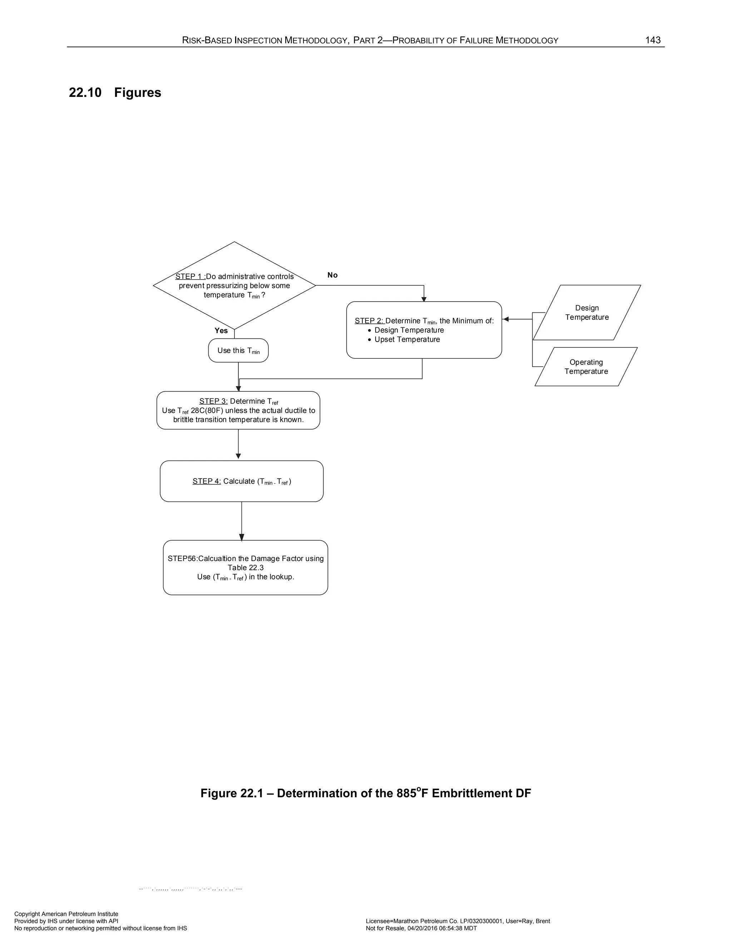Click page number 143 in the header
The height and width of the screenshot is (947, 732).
tap(653, 40)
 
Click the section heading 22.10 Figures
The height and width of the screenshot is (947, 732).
tap(115, 92)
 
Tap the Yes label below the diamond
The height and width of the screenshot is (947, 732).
tap(221, 331)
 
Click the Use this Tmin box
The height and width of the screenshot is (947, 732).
tap(238, 350)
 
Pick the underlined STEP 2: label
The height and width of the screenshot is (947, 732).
tap(369, 321)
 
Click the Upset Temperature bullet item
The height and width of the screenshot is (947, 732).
tap(407, 339)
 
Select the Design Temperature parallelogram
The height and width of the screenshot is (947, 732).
tap(587, 313)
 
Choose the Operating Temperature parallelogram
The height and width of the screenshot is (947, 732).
tap(586, 367)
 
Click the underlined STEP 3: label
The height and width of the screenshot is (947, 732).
tap(213, 401)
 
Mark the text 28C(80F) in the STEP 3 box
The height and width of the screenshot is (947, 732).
tap(207, 411)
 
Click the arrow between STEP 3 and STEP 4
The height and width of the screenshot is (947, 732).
tap(238, 445)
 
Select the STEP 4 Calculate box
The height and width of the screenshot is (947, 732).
tap(242, 481)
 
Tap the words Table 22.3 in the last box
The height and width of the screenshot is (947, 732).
tap(246, 567)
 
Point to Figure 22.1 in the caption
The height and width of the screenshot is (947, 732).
tap(232, 793)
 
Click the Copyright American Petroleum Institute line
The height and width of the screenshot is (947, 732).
tap(66, 914)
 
